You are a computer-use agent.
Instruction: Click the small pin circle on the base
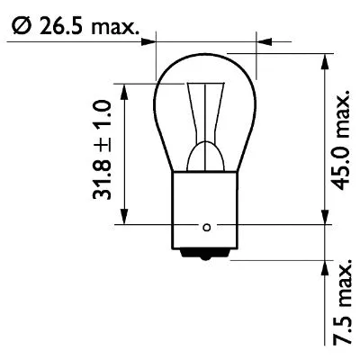click(208, 225)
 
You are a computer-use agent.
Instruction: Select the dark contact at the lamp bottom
click(208, 255)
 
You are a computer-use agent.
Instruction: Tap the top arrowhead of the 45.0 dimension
click(323, 59)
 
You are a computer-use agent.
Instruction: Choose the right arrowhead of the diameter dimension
click(263, 40)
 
